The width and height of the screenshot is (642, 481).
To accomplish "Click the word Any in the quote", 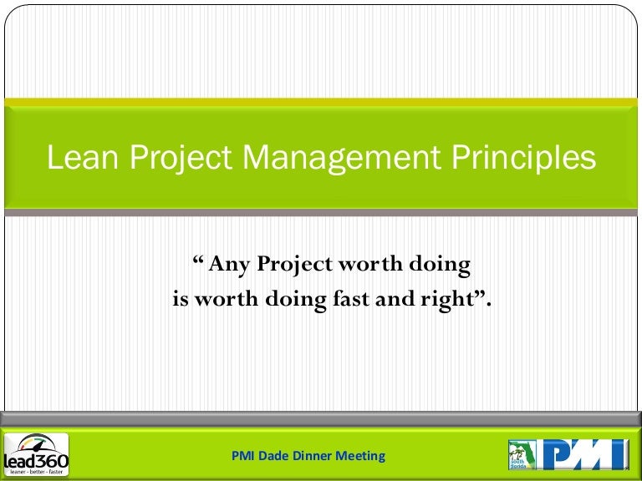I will point(229,266).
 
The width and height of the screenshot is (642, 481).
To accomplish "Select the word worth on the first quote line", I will point(369,266).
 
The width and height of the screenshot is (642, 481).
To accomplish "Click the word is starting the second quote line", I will point(181,299).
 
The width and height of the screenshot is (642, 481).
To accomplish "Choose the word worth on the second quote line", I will point(227,299).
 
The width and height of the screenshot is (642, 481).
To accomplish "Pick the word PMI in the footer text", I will point(242,456).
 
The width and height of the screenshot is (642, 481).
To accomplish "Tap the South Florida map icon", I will point(522,454).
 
